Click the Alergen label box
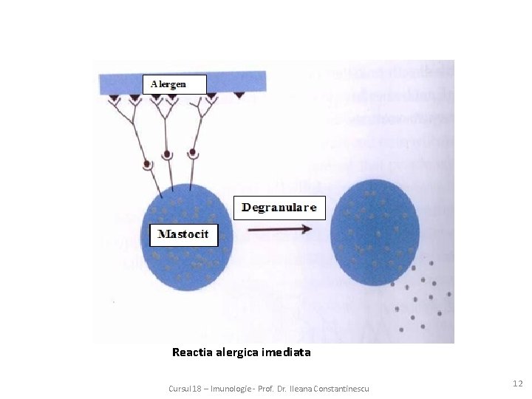(x=174, y=83)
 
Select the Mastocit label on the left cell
(x=184, y=236)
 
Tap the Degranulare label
(x=279, y=208)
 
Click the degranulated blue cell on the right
(x=375, y=233)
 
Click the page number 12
(x=517, y=383)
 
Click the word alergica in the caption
(x=237, y=352)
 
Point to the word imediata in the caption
(x=286, y=352)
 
